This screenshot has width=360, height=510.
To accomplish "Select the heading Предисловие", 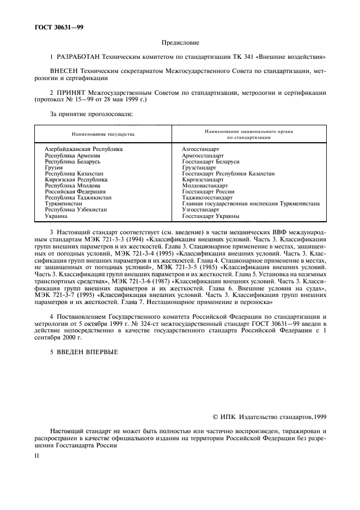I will (x=180, y=42).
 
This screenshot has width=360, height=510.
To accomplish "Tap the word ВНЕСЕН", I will (x=65, y=71).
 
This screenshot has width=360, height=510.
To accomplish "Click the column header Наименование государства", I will (x=103, y=133).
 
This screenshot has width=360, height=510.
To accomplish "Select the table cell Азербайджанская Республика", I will (x=83, y=149).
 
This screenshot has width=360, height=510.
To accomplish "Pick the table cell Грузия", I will (x=53, y=168).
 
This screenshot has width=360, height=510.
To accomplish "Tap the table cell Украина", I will (x=56, y=216).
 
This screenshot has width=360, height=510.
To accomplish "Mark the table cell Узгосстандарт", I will (x=200, y=210).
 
